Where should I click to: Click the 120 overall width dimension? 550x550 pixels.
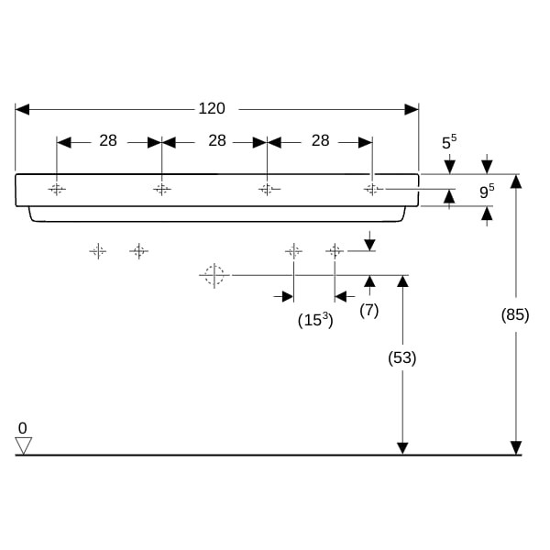(x=212, y=108)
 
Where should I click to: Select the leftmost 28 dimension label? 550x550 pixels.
(x=108, y=140)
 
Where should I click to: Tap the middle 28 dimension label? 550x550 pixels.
(x=217, y=140)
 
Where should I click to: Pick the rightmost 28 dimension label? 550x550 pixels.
(x=321, y=140)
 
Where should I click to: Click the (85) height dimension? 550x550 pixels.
(x=515, y=314)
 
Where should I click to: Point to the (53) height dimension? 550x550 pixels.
(x=402, y=357)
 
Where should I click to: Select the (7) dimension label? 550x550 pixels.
(x=369, y=311)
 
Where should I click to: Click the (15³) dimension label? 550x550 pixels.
(x=315, y=320)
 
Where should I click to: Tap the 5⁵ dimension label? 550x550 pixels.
(x=449, y=142)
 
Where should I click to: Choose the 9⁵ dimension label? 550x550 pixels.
(x=487, y=192)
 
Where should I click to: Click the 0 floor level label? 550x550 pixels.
(x=22, y=428)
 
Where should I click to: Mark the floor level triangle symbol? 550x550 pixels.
(x=24, y=445)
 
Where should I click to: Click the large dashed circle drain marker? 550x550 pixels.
(x=214, y=275)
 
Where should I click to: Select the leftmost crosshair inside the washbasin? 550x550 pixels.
(x=57, y=190)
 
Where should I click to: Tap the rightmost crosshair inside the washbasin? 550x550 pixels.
(x=372, y=189)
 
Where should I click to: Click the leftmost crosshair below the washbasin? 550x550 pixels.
(x=98, y=251)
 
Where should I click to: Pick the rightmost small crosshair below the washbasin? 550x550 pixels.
(x=335, y=251)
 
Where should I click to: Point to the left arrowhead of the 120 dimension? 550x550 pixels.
(x=22, y=109)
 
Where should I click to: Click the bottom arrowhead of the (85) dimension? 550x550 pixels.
(x=515, y=448)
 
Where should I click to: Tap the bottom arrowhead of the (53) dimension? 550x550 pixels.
(x=402, y=448)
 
